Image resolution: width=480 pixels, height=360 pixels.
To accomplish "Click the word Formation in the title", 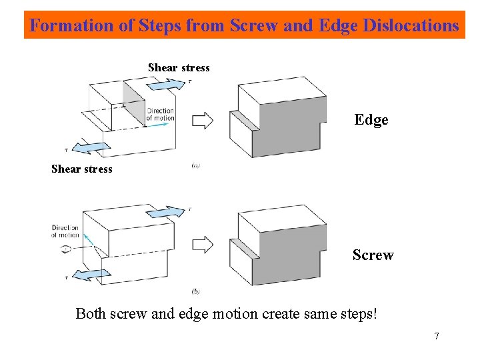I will tap(63, 26).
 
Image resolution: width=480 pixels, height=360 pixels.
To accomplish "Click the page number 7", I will tap(437, 336).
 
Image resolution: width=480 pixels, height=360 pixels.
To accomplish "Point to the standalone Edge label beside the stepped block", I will tap(371, 120).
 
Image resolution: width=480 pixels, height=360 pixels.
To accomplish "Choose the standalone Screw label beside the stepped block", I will tap(373, 255).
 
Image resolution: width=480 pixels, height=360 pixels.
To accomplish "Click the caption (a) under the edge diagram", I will tap(195, 166).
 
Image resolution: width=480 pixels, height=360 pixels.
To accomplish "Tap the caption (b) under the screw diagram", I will tap(195, 291).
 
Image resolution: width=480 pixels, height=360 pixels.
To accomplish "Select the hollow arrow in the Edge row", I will tap(203, 121).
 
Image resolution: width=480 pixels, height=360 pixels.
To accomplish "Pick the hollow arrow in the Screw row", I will tap(203, 245).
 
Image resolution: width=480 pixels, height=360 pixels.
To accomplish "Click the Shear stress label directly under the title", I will tap(179, 67).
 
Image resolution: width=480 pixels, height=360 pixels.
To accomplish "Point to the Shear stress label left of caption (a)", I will tap(82, 169).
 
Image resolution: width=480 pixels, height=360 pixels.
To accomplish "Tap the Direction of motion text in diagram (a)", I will tap(160, 115).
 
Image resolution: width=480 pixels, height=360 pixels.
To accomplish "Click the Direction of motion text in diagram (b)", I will tap(65, 231).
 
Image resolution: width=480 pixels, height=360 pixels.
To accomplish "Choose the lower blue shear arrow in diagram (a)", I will tap(89, 147).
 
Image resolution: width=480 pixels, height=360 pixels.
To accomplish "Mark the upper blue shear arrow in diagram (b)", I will tap(165, 211).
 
